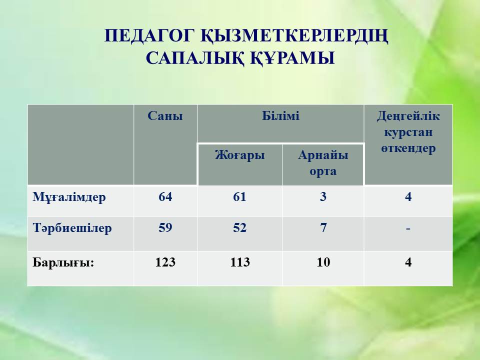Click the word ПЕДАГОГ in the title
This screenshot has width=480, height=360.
[x=149, y=36]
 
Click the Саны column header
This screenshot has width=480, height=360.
[x=165, y=116]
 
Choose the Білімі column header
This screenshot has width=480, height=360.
[x=280, y=116]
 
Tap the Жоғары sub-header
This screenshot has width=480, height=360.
[x=239, y=155]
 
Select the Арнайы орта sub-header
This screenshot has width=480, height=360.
[x=323, y=163]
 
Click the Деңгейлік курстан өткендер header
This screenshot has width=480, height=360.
[x=408, y=132]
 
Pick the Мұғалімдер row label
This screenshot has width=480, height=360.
[x=69, y=197]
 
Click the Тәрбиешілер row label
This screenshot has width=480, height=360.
[x=72, y=228]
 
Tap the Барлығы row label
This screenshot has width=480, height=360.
[x=63, y=262]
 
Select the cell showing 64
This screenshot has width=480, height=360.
[x=165, y=196]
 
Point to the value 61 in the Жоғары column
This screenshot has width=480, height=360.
[x=239, y=196]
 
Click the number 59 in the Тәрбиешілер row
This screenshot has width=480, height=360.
[x=165, y=228]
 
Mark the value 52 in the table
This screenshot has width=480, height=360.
[x=239, y=228]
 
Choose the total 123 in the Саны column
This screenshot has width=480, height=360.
[x=165, y=262]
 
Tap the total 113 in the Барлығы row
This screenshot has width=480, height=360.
[x=240, y=262]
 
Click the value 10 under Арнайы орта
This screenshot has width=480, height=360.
[x=323, y=262]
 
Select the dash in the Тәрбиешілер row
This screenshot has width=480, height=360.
[x=408, y=228]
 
